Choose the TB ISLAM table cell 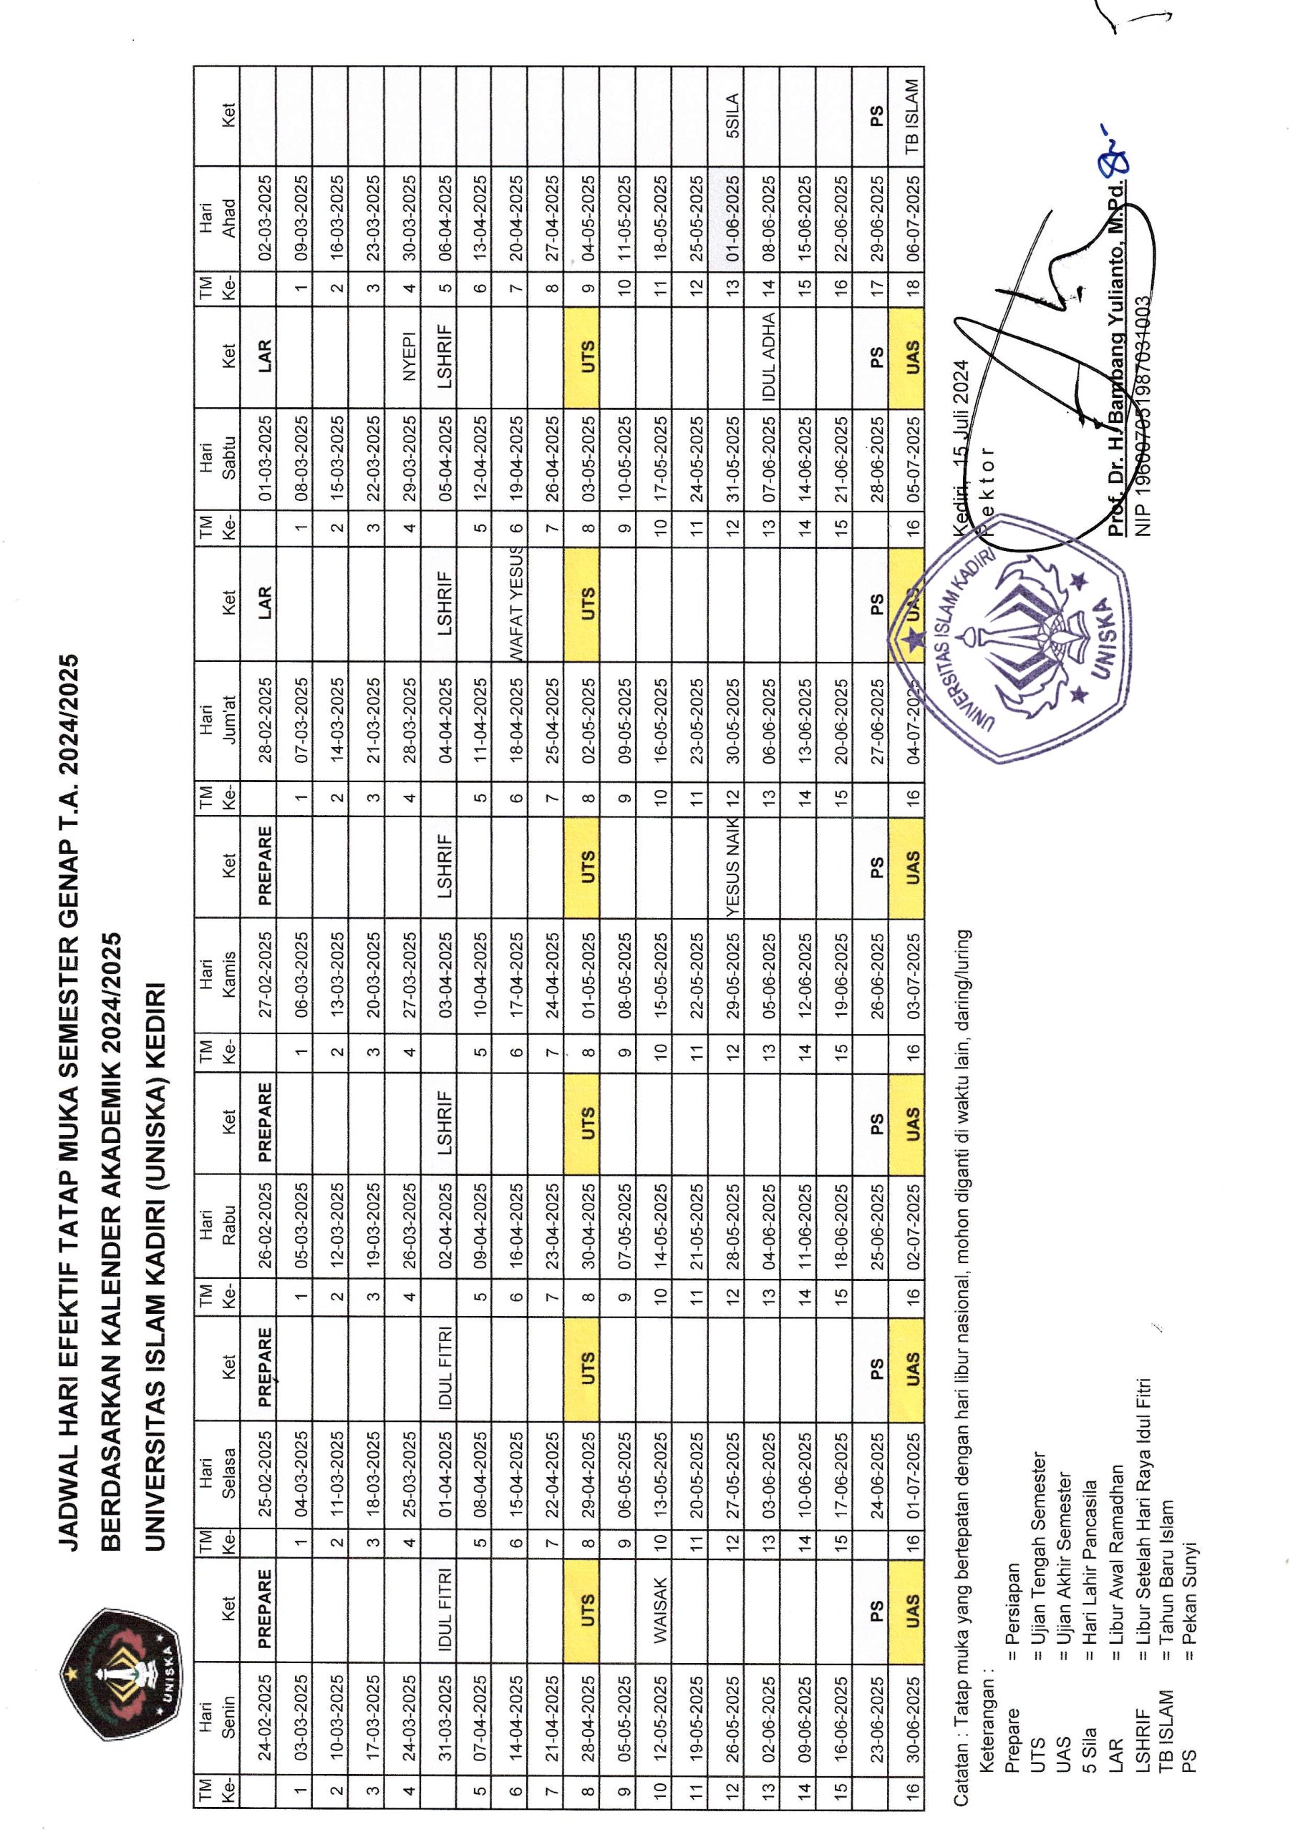(912, 117)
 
